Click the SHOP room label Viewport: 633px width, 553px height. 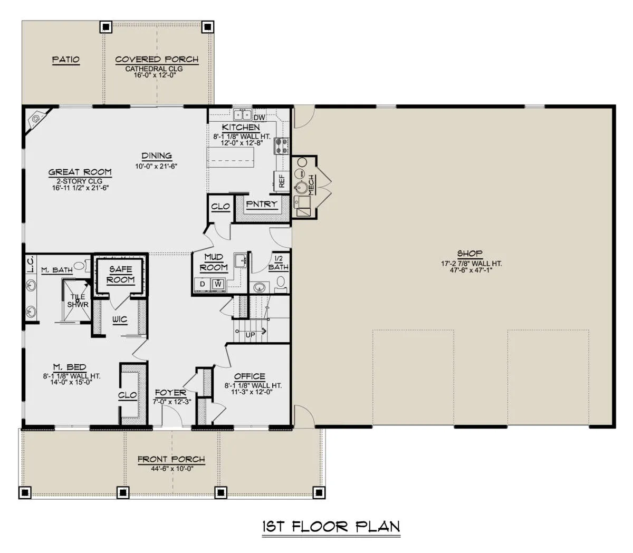tap(469, 254)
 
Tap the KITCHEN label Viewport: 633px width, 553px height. tap(241, 128)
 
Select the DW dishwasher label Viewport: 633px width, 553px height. tap(259, 118)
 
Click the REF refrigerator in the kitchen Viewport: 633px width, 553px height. tap(281, 181)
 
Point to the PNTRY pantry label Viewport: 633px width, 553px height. tap(262, 204)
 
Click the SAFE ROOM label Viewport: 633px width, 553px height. tap(121, 275)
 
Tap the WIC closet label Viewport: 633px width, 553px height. tap(120, 319)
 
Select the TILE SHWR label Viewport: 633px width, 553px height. tap(78, 300)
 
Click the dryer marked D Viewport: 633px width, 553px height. tap(203, 284)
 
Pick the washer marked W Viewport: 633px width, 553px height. tap(218, 284)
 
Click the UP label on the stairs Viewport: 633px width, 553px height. tap(250, 335)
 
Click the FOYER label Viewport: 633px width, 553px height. tap(170, 393)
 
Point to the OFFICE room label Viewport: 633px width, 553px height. tap(250, 376)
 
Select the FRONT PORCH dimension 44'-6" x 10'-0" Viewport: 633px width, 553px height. tap(172, 469)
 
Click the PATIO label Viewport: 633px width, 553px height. tap(65, 60)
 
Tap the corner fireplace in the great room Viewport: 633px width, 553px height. tap(37, 119)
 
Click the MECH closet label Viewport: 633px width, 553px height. tap(311, 185)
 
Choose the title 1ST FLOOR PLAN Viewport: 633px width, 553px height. tap(331, 527)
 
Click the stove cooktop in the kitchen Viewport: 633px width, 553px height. tap(281, 146)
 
